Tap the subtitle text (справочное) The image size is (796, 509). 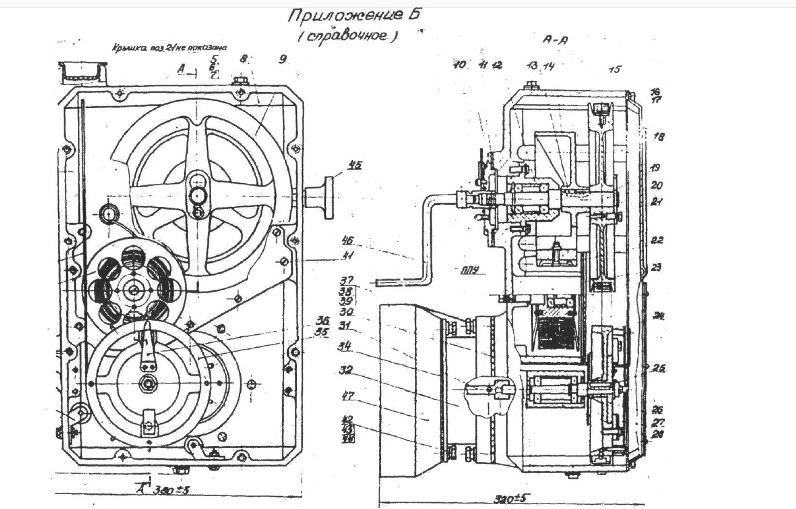click(x=346, y=36)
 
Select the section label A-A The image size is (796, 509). click(x=555, y=39)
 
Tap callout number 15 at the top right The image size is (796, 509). click(x=614, y=70)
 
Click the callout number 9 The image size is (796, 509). click(x=283, y=59)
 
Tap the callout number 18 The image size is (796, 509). click(x=659, y=137)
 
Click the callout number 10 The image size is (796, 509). click(x=459, y=64)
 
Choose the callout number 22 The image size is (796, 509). click(x=658, y=240)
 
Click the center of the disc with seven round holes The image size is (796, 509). click(x=133, y=287)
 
